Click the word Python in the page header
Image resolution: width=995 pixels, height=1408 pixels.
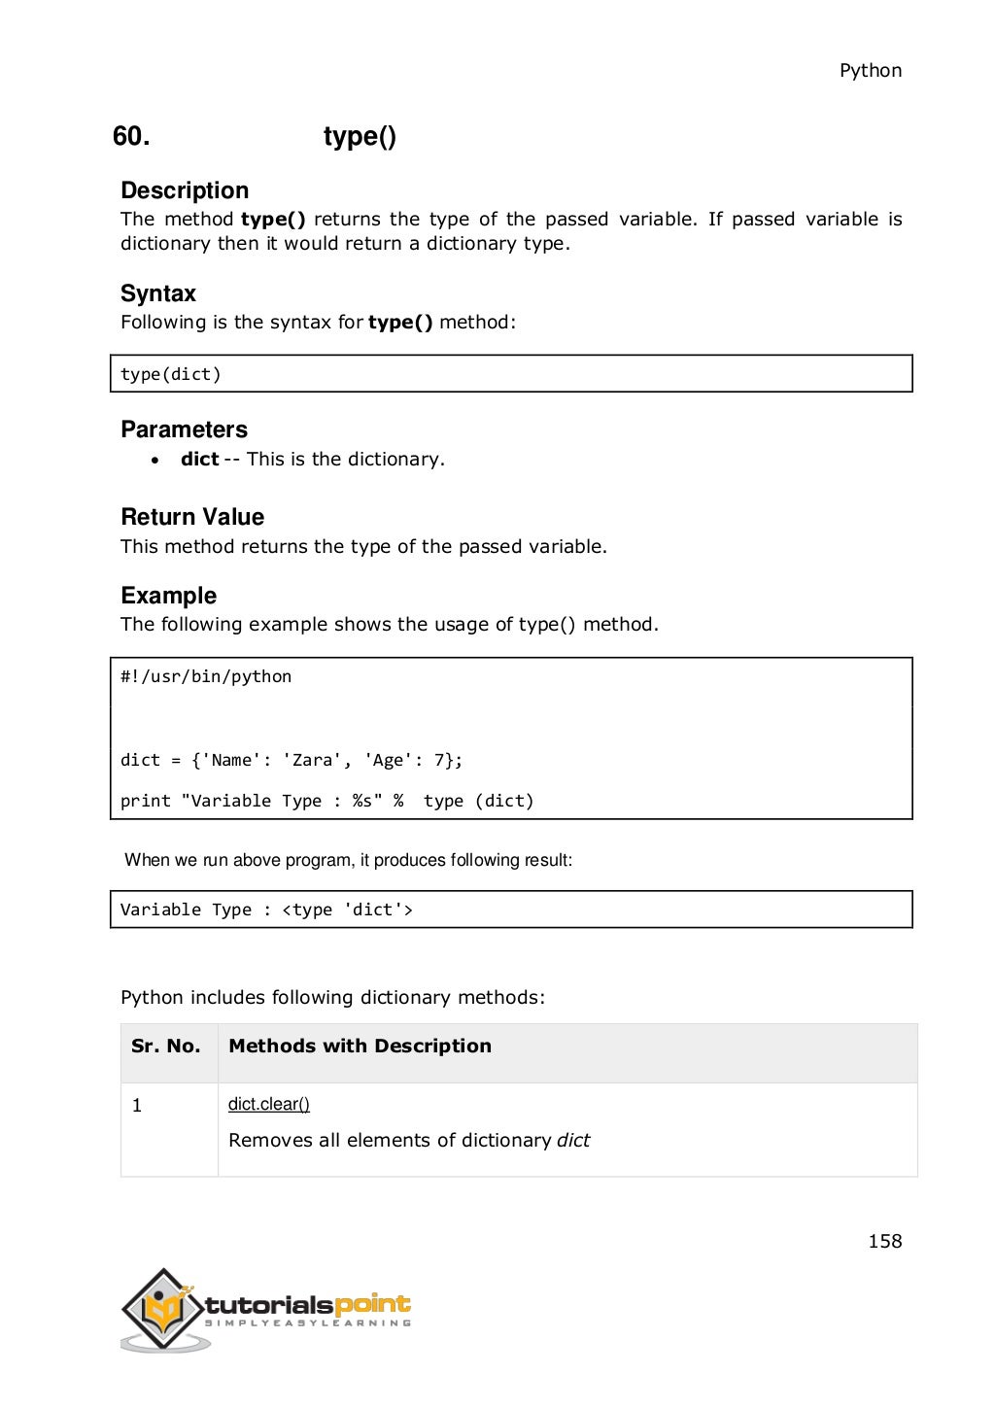[x=870, y=71]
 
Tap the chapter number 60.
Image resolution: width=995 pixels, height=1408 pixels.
[x=131, y=136]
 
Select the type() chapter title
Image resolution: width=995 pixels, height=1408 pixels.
[x=360, y=137]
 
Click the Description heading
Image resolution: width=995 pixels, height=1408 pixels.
[x=185, y=190]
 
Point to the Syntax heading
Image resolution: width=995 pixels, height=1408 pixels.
[x=158, y=293]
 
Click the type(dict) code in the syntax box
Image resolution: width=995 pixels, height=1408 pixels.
[x=171, y=374]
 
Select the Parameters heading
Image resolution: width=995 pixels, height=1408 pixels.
[x=184, y=429]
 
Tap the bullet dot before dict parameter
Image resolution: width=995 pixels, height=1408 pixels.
[x=155, y=461]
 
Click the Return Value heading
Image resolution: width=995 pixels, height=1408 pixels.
[x=192, y=517]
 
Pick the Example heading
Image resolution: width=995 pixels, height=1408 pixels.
[x=168, y=596]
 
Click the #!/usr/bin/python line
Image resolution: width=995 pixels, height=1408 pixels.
[x=206, y=676]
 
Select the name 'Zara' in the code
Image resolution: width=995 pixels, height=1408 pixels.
[x=312, y=760]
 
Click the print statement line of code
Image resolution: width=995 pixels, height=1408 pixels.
[x=326, y=801]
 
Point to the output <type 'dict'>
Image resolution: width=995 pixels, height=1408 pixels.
[x=347, y=910]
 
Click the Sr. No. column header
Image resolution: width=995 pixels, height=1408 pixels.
[x=166, y=1047]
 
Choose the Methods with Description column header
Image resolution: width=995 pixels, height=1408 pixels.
[x=360, y=1047]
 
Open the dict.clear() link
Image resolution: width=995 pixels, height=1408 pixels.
[x=269, y=1104]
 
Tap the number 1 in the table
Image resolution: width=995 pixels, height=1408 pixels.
[x=137, y=1106]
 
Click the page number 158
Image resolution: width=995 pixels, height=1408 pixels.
[x=884, y=1241]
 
